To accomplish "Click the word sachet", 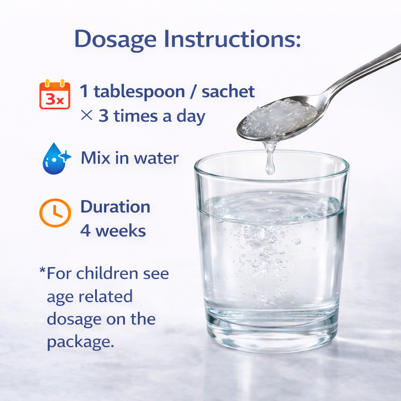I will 228,92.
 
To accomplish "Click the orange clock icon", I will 55,213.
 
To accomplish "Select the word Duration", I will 115,207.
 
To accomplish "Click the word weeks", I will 121,231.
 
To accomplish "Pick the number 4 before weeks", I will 85,231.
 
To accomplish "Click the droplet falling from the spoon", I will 270,166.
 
